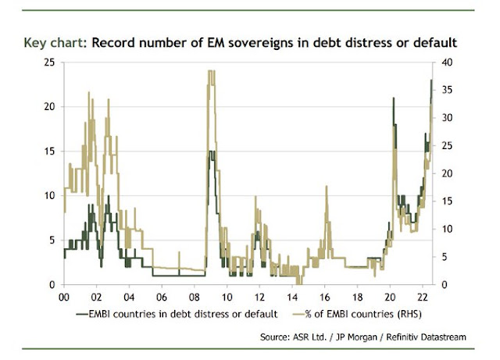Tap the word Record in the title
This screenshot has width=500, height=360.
[x=116, y=42]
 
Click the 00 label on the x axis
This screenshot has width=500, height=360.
[x=63, y=298]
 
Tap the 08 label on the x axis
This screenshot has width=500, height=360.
[x=194, y=298]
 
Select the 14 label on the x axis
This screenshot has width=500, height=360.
[x=291, y=298]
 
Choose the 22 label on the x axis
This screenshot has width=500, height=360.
[x=422, y=298]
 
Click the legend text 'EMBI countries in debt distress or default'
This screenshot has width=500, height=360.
[x=186, y=314]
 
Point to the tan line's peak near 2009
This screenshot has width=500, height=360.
[x=209, y=71]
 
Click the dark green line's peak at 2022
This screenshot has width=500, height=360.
[x=431, y=80]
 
